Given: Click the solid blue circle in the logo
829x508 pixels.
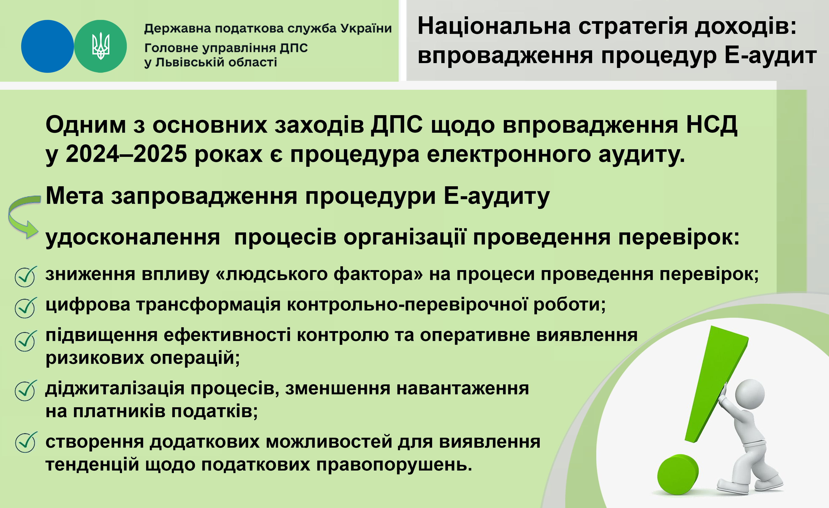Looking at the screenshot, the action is click(47, 46).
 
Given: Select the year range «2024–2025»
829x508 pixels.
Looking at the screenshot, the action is click(126, 154).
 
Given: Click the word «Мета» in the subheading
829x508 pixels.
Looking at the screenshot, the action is click(74, 196).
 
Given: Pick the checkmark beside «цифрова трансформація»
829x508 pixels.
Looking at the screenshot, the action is click(26, 307).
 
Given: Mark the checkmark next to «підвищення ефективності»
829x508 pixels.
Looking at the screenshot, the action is click(26, 340).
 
